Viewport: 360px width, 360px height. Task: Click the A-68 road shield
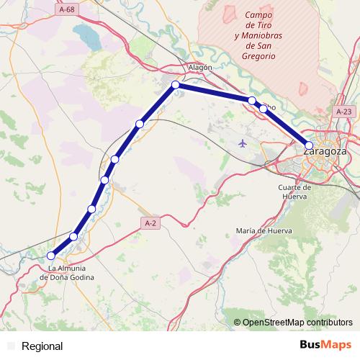click(67, 9)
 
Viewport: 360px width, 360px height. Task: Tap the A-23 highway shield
click(344, 112)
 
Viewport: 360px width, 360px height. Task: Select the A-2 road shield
click(150, 224)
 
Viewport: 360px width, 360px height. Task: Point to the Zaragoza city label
click(325, 153)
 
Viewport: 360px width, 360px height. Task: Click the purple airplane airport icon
click(242, 143)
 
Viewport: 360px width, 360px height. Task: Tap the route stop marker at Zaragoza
click(310, 145)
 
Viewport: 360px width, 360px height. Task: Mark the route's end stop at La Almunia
click(51, 256)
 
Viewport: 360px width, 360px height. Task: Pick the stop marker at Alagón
click(175, 85)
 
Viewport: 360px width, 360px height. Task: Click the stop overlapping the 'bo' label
click(264, 109)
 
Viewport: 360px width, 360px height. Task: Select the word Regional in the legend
click(42, 346)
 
